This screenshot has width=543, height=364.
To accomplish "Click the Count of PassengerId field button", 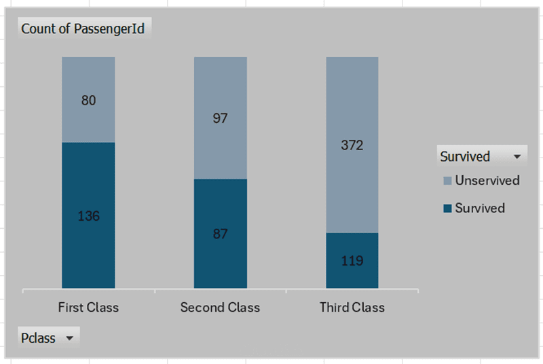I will [83, 29].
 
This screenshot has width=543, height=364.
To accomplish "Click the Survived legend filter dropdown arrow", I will [517, 156].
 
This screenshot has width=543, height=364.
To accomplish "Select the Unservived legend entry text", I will [487, 181].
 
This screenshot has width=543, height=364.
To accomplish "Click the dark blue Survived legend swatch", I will [447, 208].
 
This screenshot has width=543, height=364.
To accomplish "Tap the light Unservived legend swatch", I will [447, 181].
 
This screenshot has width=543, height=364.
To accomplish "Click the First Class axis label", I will [88, 308].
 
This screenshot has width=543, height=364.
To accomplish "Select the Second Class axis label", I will [220, 308].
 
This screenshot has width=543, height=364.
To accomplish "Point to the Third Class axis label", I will [352, 308].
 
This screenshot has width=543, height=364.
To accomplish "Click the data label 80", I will [88, 101].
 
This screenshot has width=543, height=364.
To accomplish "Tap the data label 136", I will [88, 216].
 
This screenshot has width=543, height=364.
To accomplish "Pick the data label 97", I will [220, 118].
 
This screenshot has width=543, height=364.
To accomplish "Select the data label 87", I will [220, 234].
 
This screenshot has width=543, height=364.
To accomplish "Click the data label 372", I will [352, 145].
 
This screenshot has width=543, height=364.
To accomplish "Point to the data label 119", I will [352, 261].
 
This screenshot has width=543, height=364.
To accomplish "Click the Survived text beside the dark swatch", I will [480, 208].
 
